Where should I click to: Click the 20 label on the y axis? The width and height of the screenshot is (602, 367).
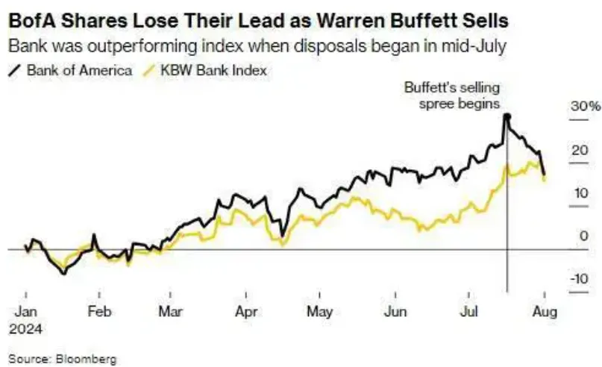pos(577,150)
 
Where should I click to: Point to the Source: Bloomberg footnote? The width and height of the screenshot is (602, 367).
pos(63,359)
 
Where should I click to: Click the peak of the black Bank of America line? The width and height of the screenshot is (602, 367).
pos(507,116)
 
